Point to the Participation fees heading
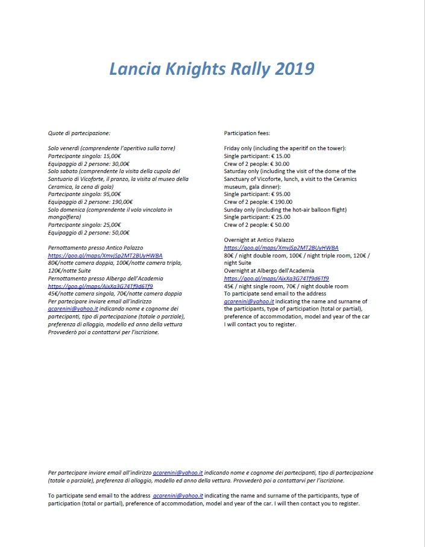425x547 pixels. [x=247, y=132]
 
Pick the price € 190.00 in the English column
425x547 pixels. [x=280, y=202]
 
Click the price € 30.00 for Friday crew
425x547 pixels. [x=277, y=163]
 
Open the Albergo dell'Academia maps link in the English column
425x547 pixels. [x=276, y=279]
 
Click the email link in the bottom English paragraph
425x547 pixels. [x=178, y=496]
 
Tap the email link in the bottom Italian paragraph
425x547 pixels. [x=178, y=473]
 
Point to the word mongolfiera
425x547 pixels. [x=65, y=217]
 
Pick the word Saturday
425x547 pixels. [x=236, y=171]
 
